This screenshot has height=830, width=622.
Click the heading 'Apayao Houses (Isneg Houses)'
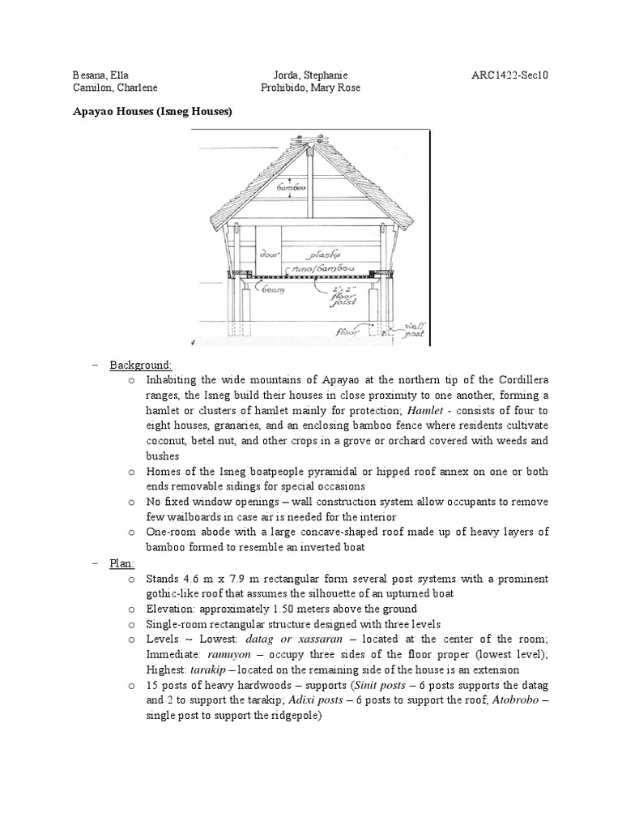(153, 112)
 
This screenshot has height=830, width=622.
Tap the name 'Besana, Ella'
(100, 75)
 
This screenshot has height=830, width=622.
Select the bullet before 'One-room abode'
(133, 532)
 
